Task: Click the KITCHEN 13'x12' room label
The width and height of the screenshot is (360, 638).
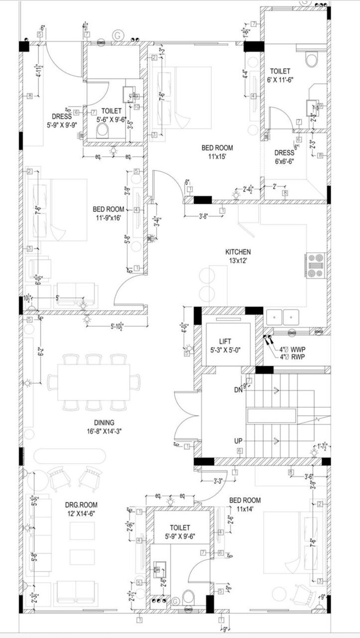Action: [x=238, y=256]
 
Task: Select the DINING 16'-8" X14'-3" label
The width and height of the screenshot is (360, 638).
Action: [x=104, y=427]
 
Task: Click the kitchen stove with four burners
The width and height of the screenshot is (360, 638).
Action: [x=315, y=265]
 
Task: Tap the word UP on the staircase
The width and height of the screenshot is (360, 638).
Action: [x=238, y=441]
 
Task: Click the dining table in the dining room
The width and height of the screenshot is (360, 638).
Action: [x=94, y=382]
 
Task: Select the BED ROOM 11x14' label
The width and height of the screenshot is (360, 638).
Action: [x=245, y=504]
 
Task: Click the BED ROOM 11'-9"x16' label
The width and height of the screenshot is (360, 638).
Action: [x=108, y=213]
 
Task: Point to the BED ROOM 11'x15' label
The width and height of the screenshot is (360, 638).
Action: [x=217, y=152]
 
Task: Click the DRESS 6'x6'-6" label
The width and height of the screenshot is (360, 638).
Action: [x=284, y=157]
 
